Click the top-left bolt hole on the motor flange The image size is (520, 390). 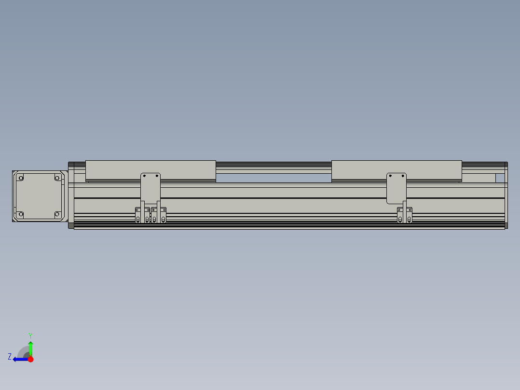pyautogui.click(x=21, y=178)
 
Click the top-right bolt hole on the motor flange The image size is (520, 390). pyautogui.click(x=57, y=178)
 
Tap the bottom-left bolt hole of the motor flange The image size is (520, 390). pyautogui.click(x=21, y=214)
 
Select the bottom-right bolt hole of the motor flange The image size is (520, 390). pyautogui.click(x=57, y=214)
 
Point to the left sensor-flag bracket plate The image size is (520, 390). pyautogui.click(x=151, y=186)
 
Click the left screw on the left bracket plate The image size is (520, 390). pyautogui.click(x=144, y=176)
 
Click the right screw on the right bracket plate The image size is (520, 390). pyautogui.click(x=403, y=176)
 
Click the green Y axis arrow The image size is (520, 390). pyautogui.click(x=30, y=347)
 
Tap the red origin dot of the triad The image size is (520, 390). pyautogui.click(x=30, y=359)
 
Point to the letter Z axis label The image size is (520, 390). pyautogui.click(x=10, y=357)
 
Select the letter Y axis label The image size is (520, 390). pyautogui.click(x=30, y=335)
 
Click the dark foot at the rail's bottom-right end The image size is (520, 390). pyautogui.click(x=506, y=225)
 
